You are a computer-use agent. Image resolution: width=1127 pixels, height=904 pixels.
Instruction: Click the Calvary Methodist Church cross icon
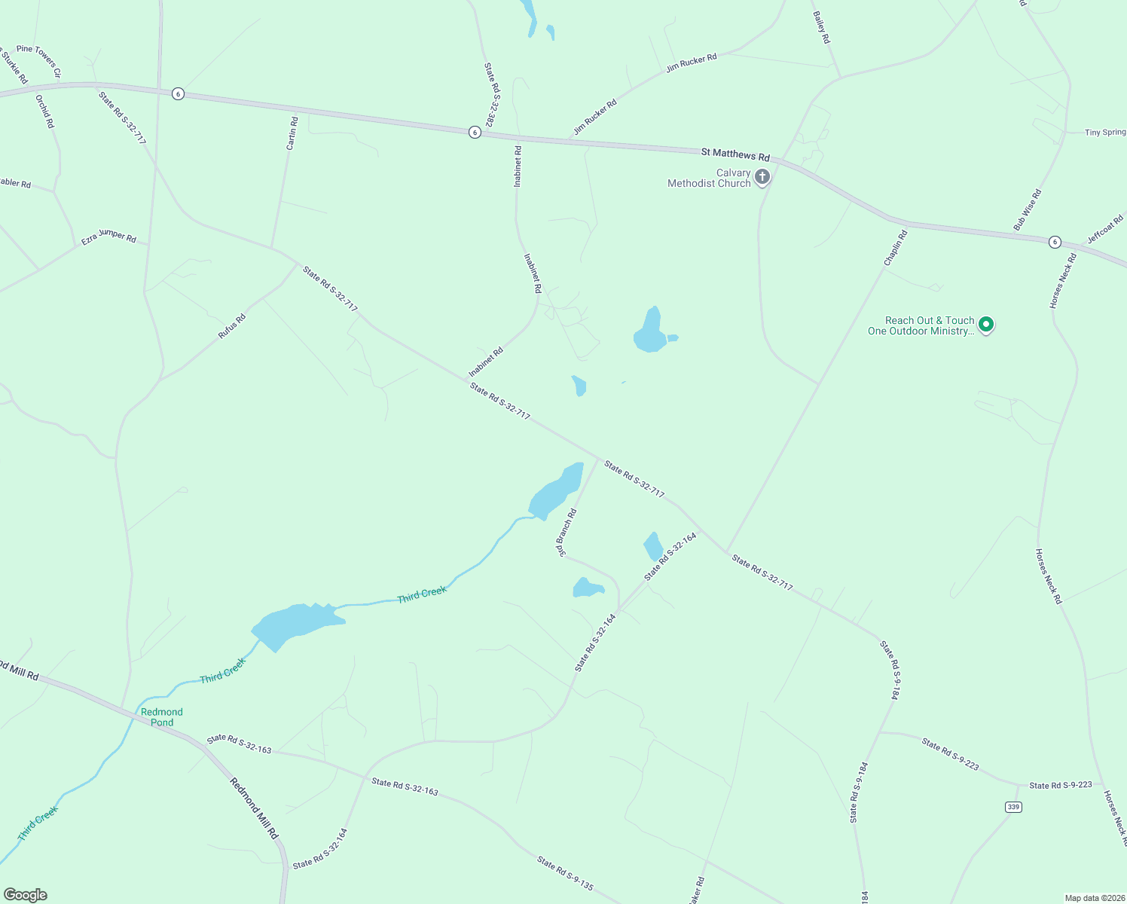(x=762, y=178)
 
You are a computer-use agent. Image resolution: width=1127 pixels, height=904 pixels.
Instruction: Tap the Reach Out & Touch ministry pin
(x=985, y=325)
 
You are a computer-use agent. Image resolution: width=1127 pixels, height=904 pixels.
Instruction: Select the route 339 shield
(x=1013, y=807)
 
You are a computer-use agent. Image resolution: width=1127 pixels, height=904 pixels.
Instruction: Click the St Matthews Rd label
(x=735, y=154)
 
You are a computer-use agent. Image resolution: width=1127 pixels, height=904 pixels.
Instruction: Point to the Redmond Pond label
(x=162, y=717)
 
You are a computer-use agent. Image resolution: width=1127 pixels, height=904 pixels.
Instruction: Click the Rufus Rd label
(x=232, y=326)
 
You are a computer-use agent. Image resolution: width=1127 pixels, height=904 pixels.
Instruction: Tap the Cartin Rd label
(x=292, y=133)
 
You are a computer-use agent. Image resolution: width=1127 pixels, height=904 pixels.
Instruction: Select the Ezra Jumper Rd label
(x=108, y=237)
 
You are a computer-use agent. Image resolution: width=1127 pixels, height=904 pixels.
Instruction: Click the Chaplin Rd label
(x=896, y=248)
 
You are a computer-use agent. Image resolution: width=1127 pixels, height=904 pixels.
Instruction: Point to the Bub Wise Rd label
(x=1028, y=210)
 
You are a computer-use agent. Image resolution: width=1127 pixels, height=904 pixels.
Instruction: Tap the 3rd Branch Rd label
(x=567, y=533)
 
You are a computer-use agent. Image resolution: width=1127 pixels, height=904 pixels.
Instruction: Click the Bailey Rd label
(x=821, y=27)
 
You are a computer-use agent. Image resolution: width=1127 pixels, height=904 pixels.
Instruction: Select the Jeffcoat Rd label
(x=1105, y=231)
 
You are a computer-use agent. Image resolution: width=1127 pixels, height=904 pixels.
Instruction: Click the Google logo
(x=26, y=895)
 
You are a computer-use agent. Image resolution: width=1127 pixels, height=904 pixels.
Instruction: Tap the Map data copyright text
(x=1094, y=898)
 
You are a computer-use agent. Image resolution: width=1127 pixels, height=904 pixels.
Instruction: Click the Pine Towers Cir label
(x=38, y=60)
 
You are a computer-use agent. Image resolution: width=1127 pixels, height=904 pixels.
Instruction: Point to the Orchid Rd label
(x=45, y=111)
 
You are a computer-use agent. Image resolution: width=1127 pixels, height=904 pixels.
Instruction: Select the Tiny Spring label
(x=1105, y=133)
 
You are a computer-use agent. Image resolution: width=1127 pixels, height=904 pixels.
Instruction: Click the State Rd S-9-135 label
(x=565, y=874)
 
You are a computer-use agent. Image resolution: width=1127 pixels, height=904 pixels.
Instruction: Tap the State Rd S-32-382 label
(x=490, y=94)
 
